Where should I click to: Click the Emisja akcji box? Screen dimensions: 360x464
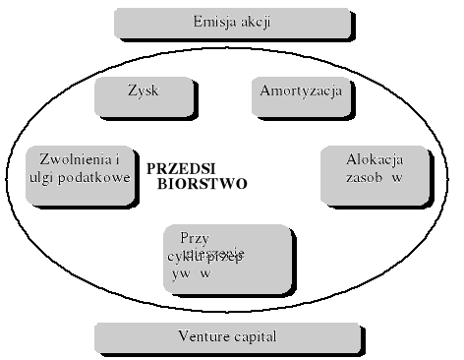[232, 23]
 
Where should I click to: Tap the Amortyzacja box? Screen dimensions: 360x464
[301, 94]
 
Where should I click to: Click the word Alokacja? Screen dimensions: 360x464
[374, 159]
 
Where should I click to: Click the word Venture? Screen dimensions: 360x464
[203, 336]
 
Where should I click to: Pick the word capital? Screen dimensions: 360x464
[254, 336]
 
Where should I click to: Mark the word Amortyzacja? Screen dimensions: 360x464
[301, 90]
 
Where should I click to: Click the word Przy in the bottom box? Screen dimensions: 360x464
[196, 237]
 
